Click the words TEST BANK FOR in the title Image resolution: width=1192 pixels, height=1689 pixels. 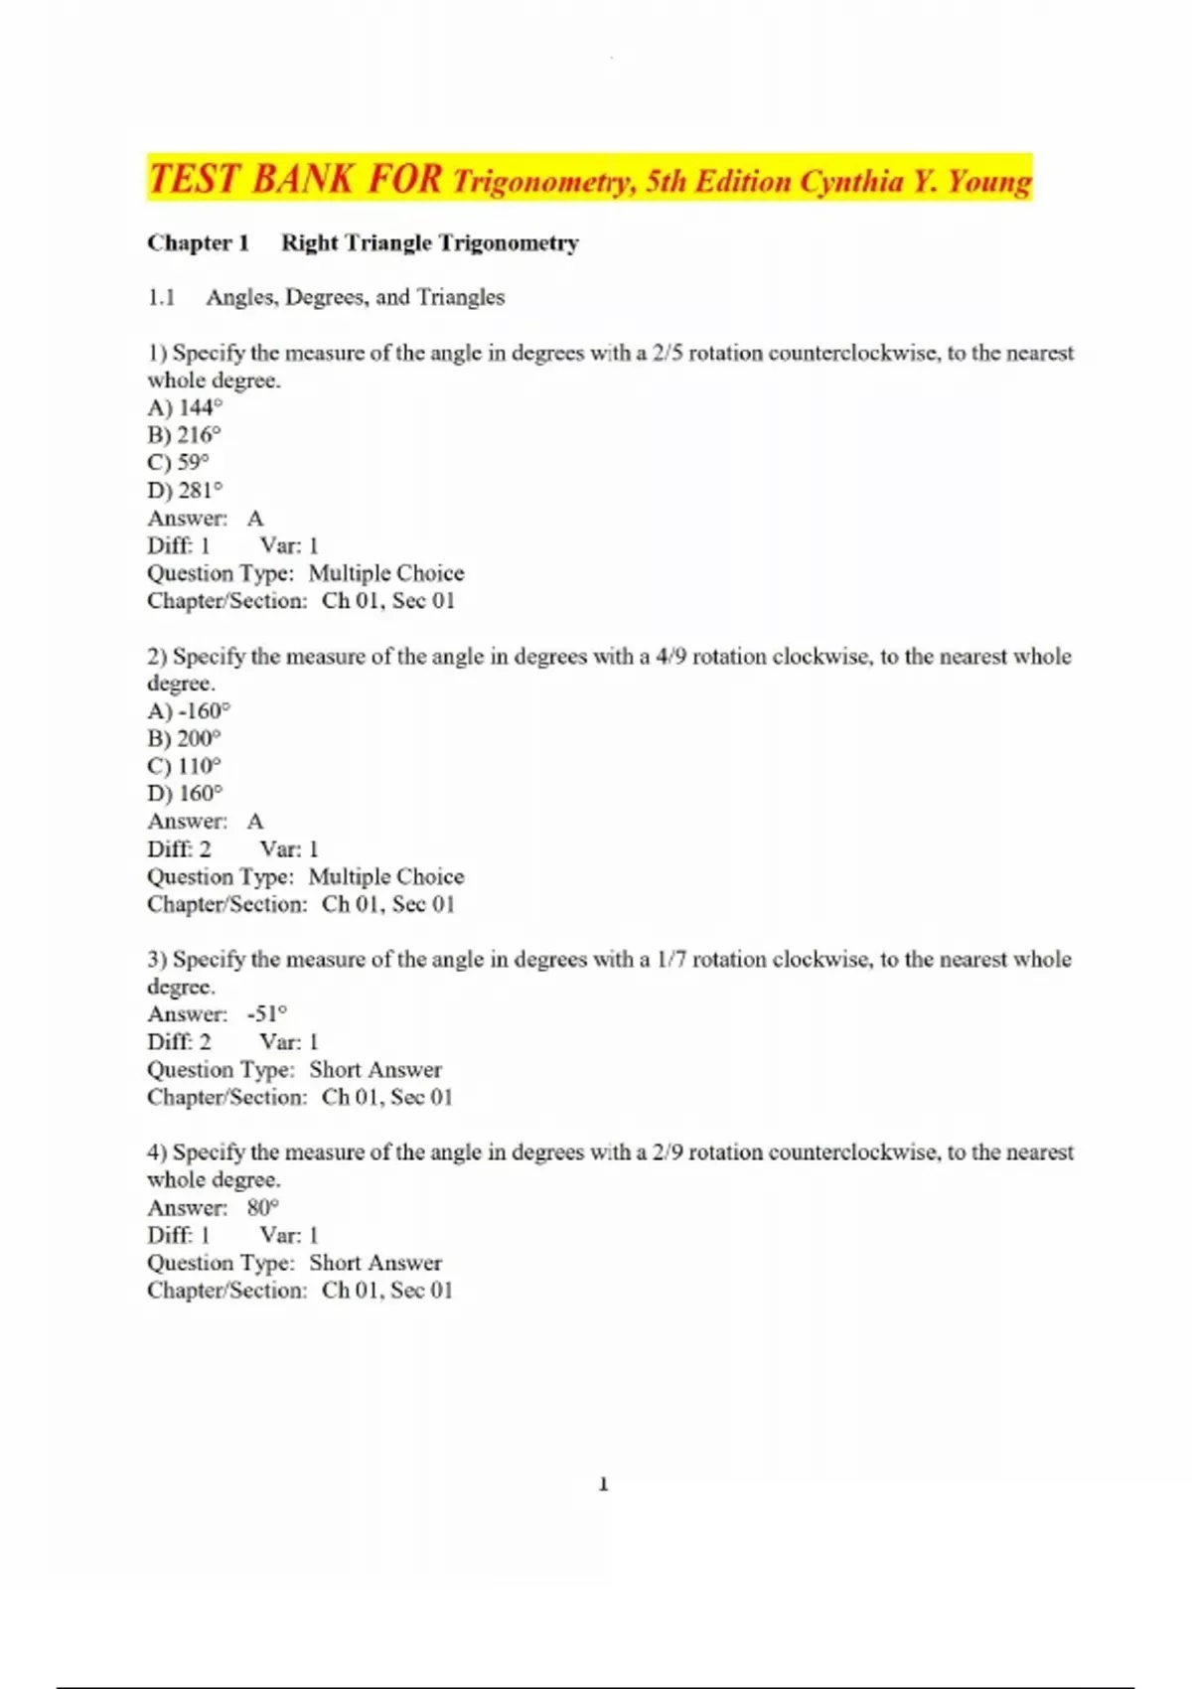click(x=295, y=180)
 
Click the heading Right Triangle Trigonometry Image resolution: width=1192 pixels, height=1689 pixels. click(x=429, y=243)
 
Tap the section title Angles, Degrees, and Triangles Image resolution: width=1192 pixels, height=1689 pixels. click(x=355, y=297)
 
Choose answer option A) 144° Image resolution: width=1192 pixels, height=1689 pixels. click(x=185, y=407)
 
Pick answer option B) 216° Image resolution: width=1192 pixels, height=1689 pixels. click(x=184, y=435)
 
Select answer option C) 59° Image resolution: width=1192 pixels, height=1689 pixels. click(x=179, y=463)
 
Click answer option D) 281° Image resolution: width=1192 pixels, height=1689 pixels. click(x=185, y=491)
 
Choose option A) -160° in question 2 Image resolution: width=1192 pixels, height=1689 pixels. click(x=189, y=711)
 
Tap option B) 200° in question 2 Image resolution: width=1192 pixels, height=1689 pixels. click(x=184, y=739)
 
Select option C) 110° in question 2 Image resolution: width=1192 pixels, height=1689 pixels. click(x=184, y=767)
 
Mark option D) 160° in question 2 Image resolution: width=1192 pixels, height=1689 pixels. click(x=185, y=794)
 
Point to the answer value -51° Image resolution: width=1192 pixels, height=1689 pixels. click(x=266, y=1014)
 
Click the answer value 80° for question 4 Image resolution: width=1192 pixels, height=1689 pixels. click(x=263, y=1208)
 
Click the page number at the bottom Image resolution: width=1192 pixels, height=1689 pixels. click(x=603, y=1484)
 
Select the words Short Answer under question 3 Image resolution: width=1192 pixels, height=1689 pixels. click(x=375, y=1070)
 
